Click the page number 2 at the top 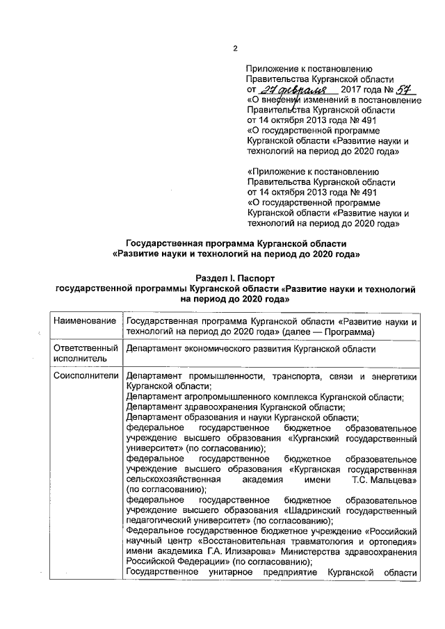tap(234, 48)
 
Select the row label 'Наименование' tap(83, 321)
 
